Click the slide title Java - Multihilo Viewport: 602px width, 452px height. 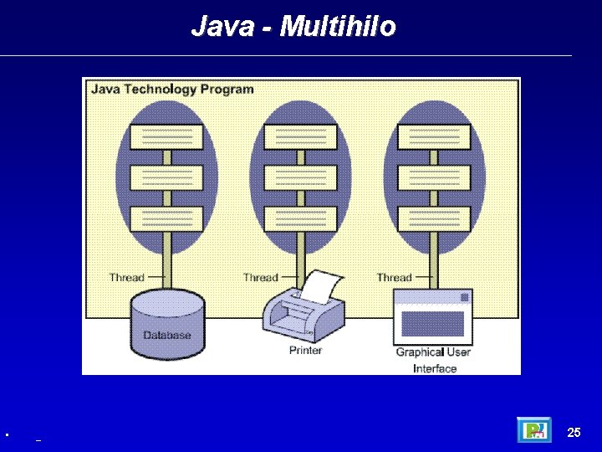pyautogui.click(x=293, y=27)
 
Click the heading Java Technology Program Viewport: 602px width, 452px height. pyautogui.click(x=172, y=89)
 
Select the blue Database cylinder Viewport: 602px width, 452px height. pyautogui.click(x=167, y=325)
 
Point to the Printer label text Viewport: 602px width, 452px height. pyautogui.click(x=305, y=351)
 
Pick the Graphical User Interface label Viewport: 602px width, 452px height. pyautogui.click(x=433, y=360)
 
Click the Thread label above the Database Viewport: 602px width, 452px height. pyautogui.click(x=126, y=277)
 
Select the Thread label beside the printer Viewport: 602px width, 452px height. pyautogui.click(x=260, y=277)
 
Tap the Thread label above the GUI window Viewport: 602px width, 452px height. pyautogui.click(x=394, y=277)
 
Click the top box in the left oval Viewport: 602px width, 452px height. pyautogui.click(x=166, y=136)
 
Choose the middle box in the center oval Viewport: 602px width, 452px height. pyautogui.click(x=300, y=177)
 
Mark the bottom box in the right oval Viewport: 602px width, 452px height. pyautogui.click(x=434, y=218)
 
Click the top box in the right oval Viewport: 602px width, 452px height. pyautogui.click(x=434, y=136)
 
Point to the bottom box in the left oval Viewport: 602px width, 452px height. pyautogui.click(x=166, y=218)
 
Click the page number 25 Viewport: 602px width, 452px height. pyautogui.click(x=574, y=433)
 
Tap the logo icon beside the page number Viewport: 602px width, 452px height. pyautogui.click(x=533, y=430)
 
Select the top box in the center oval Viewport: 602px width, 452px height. pyautogui.click(x=300, y=136)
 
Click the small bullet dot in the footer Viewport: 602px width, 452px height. pyautogui.click(x=7, y=435)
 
